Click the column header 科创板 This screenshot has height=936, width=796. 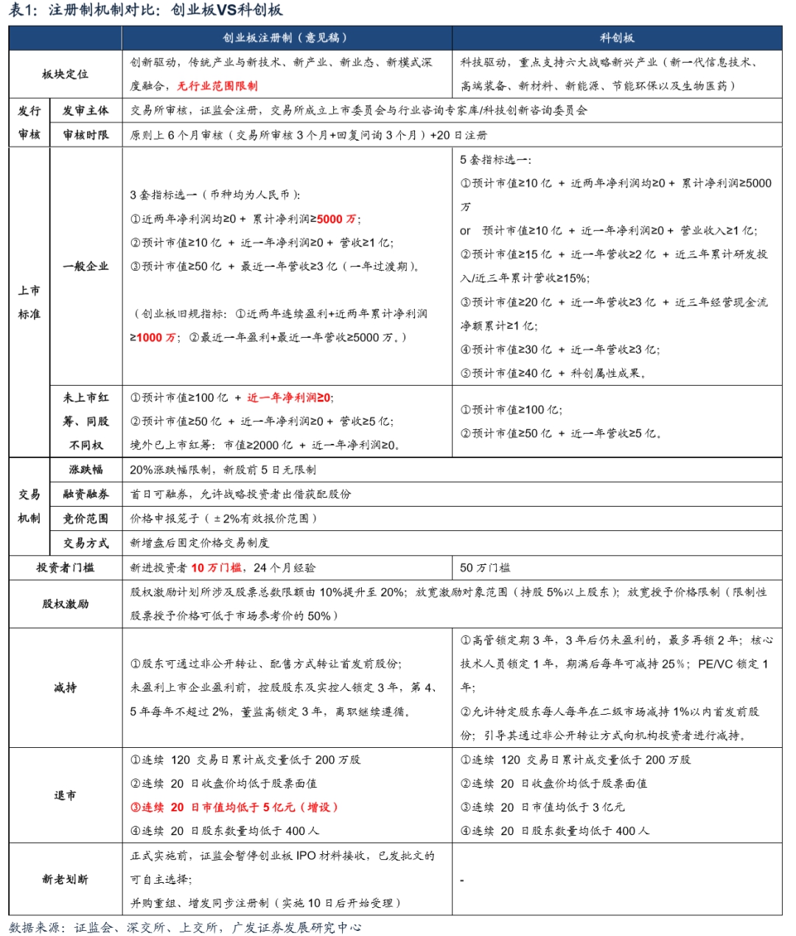click(x=617, y=38)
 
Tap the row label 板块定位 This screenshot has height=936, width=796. click(x=65, y=74)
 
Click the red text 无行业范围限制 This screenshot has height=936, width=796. click(x=217, y=86)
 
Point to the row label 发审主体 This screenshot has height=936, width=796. click(x=85, y=111)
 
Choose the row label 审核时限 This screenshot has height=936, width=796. click(x=85, y=135)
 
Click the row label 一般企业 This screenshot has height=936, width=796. click(x=85, y=266)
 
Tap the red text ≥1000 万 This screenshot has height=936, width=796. click(x=153, y=338)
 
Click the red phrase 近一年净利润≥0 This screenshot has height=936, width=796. click(x=289, y=398)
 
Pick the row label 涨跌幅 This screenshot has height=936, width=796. click(x=85, y=470)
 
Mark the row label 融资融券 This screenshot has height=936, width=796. click(x=85, y=494)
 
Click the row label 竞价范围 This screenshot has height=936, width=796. click(x=85, y=519)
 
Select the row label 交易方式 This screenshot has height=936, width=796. click(x=85, y=543)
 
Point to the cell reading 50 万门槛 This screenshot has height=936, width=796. click(x=485, y=568)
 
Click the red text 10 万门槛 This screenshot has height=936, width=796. click(x=216, y=568)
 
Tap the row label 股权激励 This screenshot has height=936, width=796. click(x=65, y=604)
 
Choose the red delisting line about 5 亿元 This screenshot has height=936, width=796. click(x=234, y=808)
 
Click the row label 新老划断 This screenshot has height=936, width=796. click(x=65, y=879)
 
